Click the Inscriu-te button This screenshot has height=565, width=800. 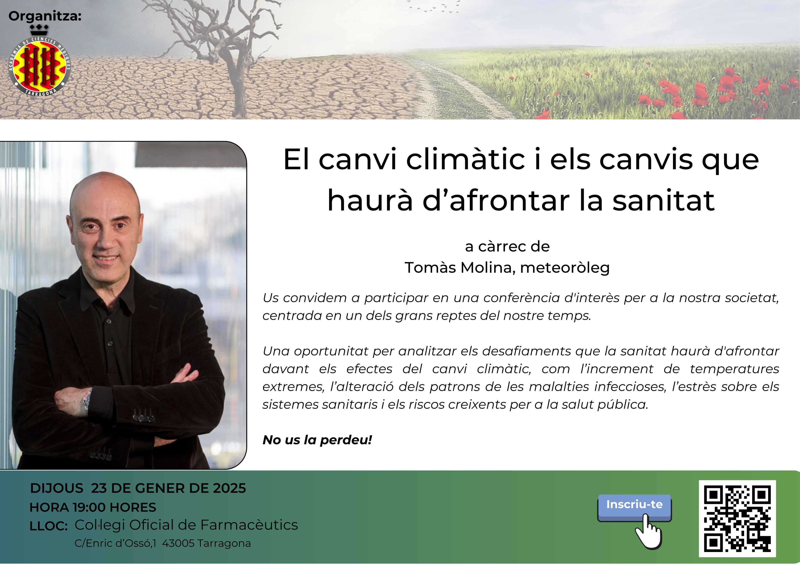click(634, 508)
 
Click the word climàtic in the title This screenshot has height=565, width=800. click(465, 159)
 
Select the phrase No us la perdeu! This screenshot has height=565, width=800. click(317, 440)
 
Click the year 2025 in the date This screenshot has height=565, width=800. click(229, 488)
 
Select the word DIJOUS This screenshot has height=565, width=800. click(57, 488)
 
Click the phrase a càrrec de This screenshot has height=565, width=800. click(507, 247)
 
